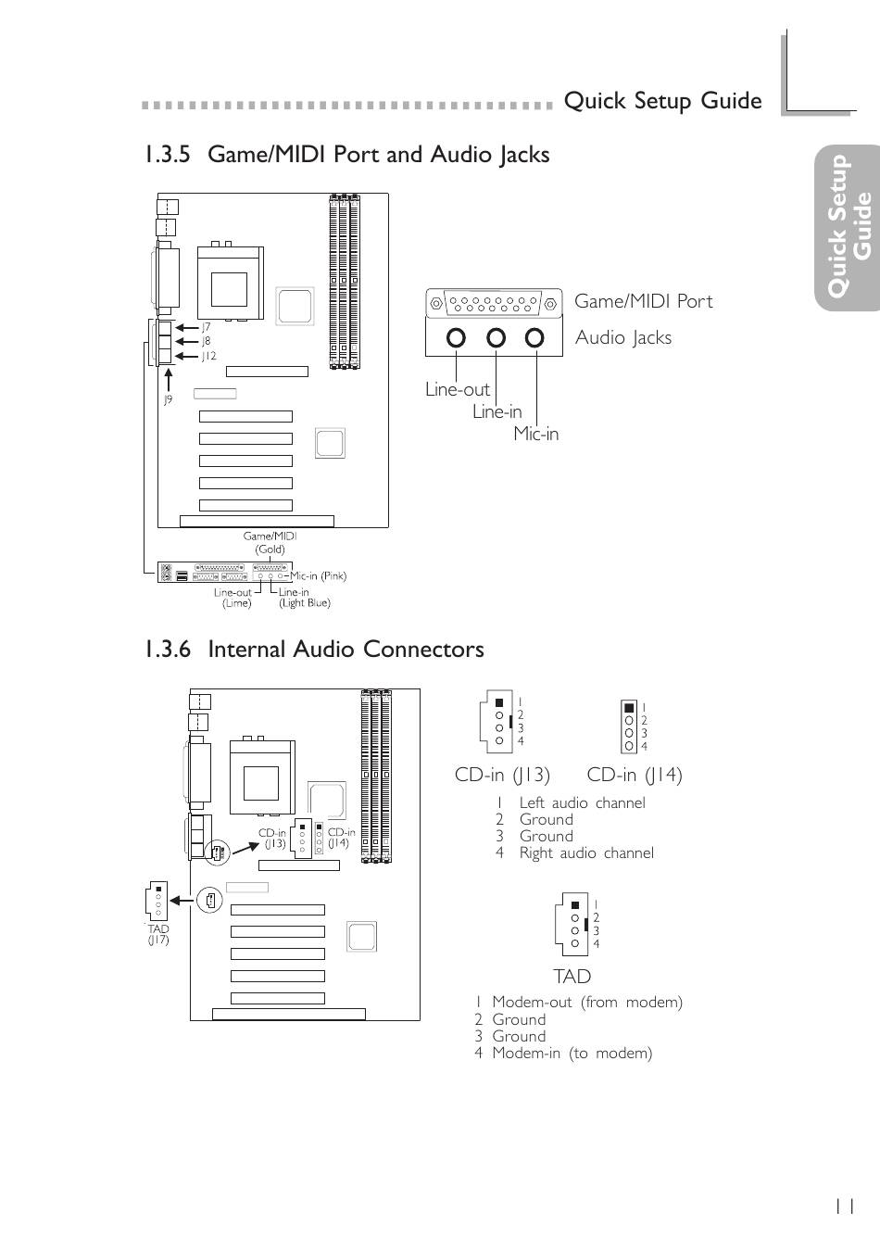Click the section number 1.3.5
[168, 155]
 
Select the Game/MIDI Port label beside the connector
[644, 301]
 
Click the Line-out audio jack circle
[456, 337]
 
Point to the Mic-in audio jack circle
[535, 337]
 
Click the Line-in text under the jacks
[497, 411]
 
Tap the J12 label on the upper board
[208, 356]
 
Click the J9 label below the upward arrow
[168, 399]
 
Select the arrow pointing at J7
[187, 328]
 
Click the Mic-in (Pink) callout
[319, 576]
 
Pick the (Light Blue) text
[305, 602]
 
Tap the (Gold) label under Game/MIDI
[270, 549]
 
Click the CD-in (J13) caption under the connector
[502, 775]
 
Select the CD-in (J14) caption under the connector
[635, 775]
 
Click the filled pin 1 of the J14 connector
[629, 708]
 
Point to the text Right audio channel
[586, 852]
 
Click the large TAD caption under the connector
[572, 977]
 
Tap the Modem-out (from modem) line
[579, 1003]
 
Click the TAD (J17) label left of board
[158, 934]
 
